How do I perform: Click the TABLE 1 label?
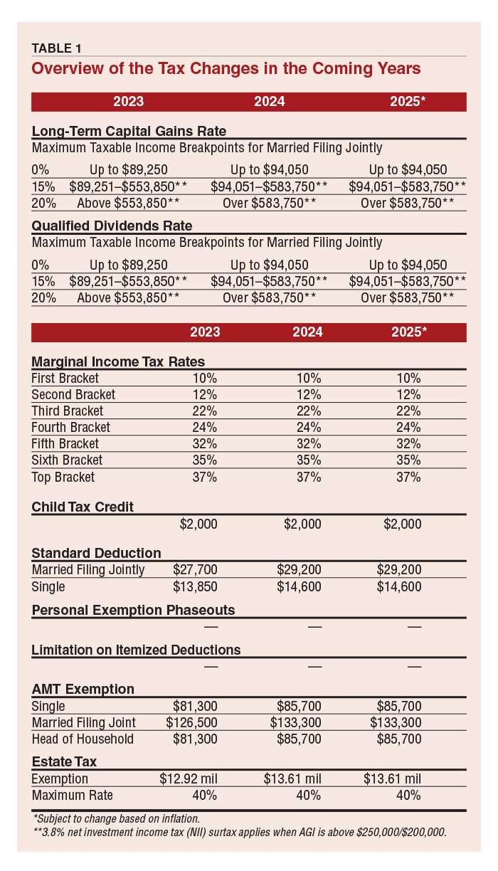[x=56, y=48]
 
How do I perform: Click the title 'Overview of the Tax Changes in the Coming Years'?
[x=226, y=68]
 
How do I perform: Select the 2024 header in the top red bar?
[x=270, y=102]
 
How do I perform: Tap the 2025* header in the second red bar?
[x=409, y=332]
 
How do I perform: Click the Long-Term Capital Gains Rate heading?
[x=129, y=131]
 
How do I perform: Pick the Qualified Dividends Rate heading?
[x=112, y=226]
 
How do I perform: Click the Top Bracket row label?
[x=63, y=477]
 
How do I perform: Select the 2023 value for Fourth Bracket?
[x=205, y=428]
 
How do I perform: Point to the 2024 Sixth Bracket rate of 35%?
[x=309, y=460]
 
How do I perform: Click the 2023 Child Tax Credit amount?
[x=198, y=524]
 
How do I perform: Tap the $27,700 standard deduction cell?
[x=195, y=570]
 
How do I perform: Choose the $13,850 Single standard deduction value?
[x=195, y=586]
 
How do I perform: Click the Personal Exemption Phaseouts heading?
[x=133, y=610]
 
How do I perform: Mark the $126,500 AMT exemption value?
[x=191, y=722]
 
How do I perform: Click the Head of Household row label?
[x=83, y=739]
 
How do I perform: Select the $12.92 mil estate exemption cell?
[x=189, y=778]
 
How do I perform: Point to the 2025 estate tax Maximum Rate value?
[x=408, y=795]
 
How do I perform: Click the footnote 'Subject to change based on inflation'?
[x=117, y=819]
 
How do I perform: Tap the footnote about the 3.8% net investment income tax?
[x=240, y=832]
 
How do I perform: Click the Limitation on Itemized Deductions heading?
[x=136, y=650]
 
